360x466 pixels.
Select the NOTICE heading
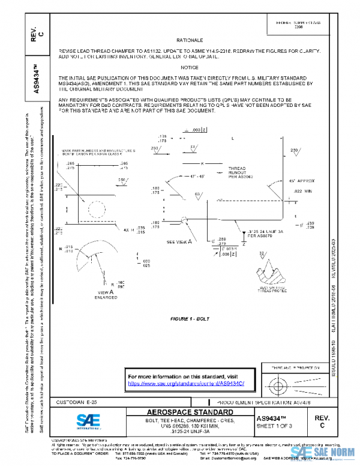[x=189, y=67]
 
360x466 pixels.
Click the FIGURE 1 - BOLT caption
[x=189, y=318]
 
